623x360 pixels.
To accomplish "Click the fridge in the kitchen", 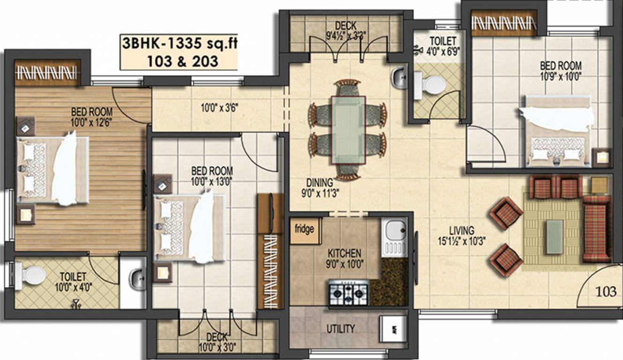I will [305, 230].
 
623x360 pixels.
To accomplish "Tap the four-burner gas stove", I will [349, 292].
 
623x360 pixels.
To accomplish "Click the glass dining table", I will [348, 129].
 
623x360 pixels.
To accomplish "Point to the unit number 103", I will [606, 292].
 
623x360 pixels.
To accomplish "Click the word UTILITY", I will [341, 329].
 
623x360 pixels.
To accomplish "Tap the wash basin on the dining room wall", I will [399, 78].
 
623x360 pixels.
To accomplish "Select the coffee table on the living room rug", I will [555, 237].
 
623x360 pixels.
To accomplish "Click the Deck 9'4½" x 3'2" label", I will [346, 29].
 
